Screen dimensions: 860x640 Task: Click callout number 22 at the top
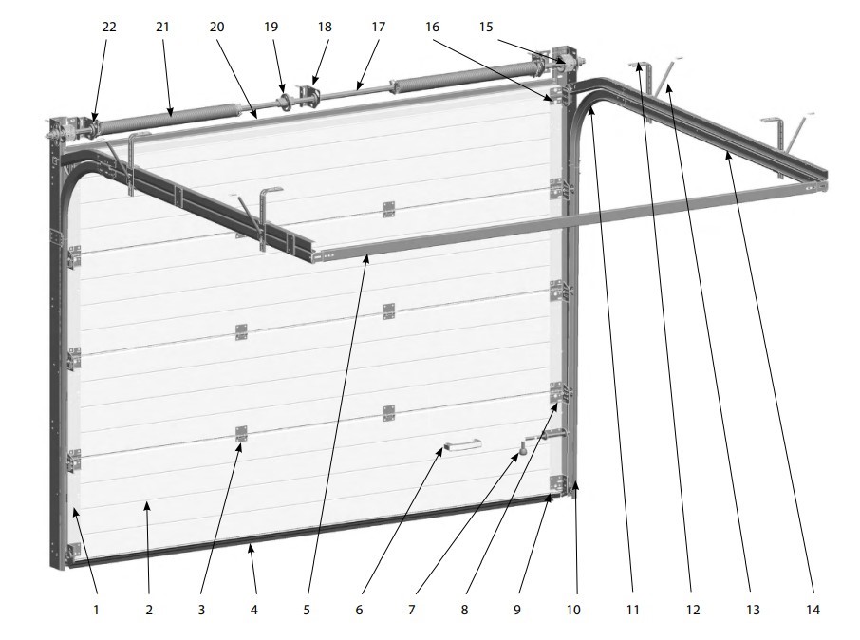point(109,27)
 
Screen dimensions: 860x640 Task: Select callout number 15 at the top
point(486,27)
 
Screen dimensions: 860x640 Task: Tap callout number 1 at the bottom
point(96,610)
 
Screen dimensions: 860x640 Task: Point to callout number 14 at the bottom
point(813,610)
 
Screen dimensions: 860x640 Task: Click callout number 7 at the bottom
point(412,610)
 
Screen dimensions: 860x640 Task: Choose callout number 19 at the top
point(271,27)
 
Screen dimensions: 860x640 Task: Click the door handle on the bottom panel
point(462,444)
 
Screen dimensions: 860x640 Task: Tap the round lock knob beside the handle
point(523,449)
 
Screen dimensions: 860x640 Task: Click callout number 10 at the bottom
point(573,610)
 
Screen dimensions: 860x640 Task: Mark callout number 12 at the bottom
point(693,610)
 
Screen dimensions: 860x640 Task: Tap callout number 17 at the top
point(379,27)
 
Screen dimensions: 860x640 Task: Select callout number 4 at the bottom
point(254,610)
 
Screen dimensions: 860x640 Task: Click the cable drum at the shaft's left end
point(70,132)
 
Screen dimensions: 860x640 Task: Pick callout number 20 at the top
point(217,27)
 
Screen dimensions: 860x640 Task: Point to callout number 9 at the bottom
point(517,610)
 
